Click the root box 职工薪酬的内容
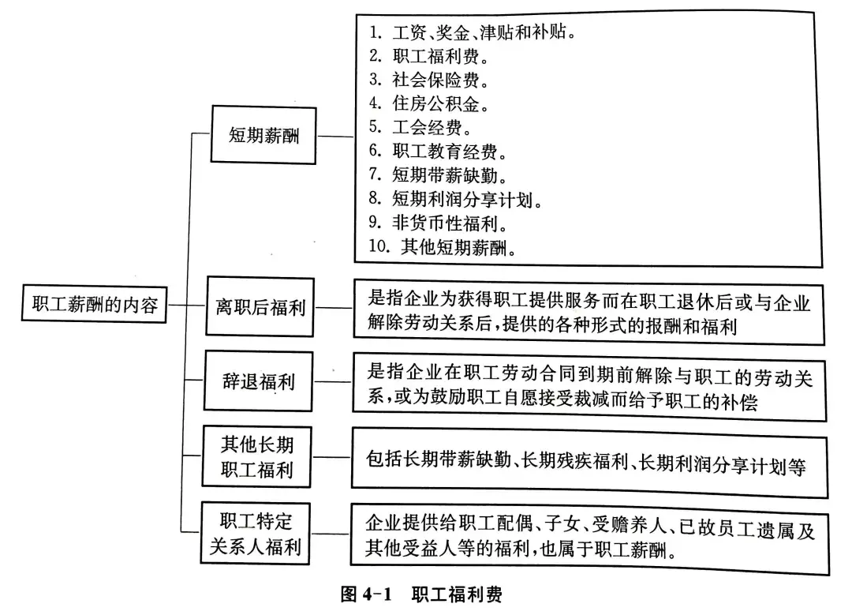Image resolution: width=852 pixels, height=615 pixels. (94, 303)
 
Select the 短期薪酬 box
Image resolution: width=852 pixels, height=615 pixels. (263, 135)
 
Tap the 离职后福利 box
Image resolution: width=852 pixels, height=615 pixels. (260, 307)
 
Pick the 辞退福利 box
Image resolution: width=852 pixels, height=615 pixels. (259, 381)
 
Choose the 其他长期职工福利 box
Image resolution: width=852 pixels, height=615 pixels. (257, 457)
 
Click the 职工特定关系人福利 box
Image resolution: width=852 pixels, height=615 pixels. (256, 534)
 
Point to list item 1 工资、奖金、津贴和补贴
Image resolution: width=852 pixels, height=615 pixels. (473, 32)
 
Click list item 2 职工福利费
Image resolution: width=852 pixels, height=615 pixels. (429, 56)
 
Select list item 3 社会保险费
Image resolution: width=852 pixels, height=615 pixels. (429, 80)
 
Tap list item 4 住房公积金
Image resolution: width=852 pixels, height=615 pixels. (429, 103)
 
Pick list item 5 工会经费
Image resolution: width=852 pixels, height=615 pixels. (420, 127)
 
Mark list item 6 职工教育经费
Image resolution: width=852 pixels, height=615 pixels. (438, 151)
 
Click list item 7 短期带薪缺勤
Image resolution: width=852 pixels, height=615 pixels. (438, 175)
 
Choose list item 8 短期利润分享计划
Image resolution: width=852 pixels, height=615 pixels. (456, 199)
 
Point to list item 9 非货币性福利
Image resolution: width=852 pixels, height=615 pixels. (438, 223)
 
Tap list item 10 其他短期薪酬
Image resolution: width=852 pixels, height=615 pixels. (443, 247)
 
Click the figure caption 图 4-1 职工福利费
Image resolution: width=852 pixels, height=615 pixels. (421, 594)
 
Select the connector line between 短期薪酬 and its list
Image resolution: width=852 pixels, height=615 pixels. (336, 136)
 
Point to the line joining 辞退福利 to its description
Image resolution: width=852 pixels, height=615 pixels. (333, 382)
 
